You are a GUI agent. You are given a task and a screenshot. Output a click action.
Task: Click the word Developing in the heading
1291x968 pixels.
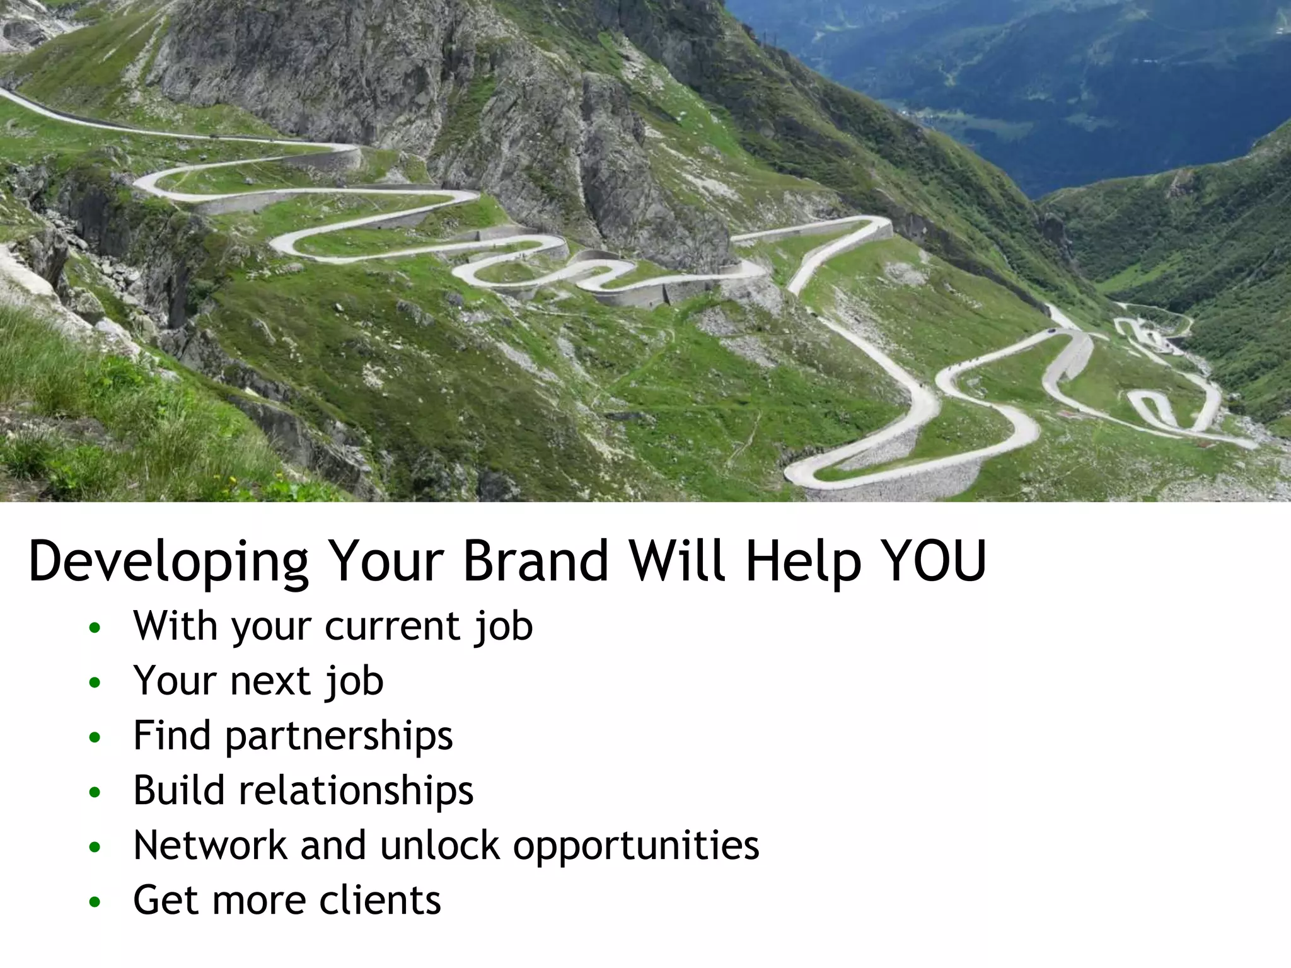pyautogui.click(x=168, y=562)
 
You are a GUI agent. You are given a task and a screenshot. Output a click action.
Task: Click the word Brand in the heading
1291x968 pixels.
pyautogui.click(x=536, y=560)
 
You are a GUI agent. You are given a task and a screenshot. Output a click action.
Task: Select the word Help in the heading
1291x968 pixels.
pyautogui.click(x=803, y=562)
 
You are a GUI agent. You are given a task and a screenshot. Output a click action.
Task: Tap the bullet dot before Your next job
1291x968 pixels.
pyautogui.click(x=95, y=683)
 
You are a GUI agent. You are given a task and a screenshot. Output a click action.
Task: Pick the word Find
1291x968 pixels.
pyautogui.click(x=172, y=735)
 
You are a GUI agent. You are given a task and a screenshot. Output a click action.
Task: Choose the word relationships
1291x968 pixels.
pyautogui.click(x=356, y=791)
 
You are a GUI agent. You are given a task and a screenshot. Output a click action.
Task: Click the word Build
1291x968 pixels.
pyautogui.click(x=179, y=790)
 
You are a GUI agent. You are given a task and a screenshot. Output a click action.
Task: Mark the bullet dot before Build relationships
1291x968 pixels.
pyautogui.click(x=95, y=792)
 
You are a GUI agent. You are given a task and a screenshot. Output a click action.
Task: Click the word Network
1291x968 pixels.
pyautogui.click(x=211, y=845)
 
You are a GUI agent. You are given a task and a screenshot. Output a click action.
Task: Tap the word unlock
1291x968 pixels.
pyautogui.click(x=440, y=845)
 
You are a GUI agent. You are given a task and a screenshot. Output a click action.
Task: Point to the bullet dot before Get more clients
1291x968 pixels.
pyautogui.click(x=95, y=902)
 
